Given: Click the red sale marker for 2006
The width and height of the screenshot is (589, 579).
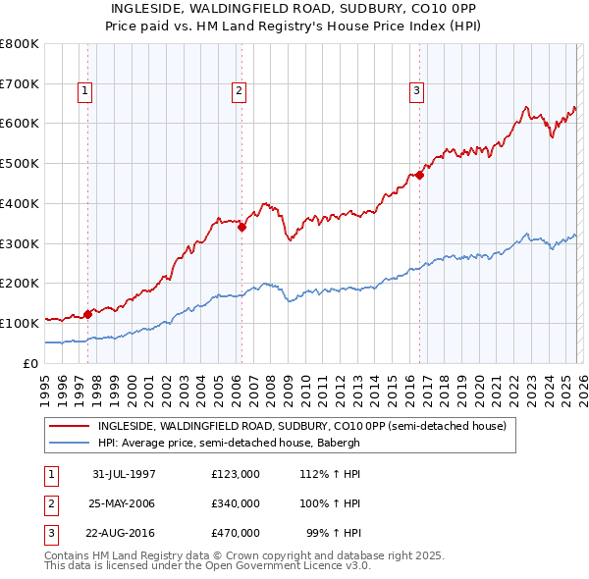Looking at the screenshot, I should pyautogui.click(x=241, y=227).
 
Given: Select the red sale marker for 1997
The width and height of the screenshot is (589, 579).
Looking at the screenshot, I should pyautogui.click(x=88, y=314).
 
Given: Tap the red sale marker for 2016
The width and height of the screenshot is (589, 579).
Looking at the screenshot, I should pyautogui.click(x=419, y=175).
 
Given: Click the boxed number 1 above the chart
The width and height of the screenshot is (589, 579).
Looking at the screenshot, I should pyautogui.click(x=84, y=91).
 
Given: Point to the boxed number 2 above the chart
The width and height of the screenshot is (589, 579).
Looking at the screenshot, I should pyautogui.click(x=239, y=91).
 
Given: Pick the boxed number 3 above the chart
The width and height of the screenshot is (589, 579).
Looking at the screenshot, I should pyautogui.click(x=416, y=91).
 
